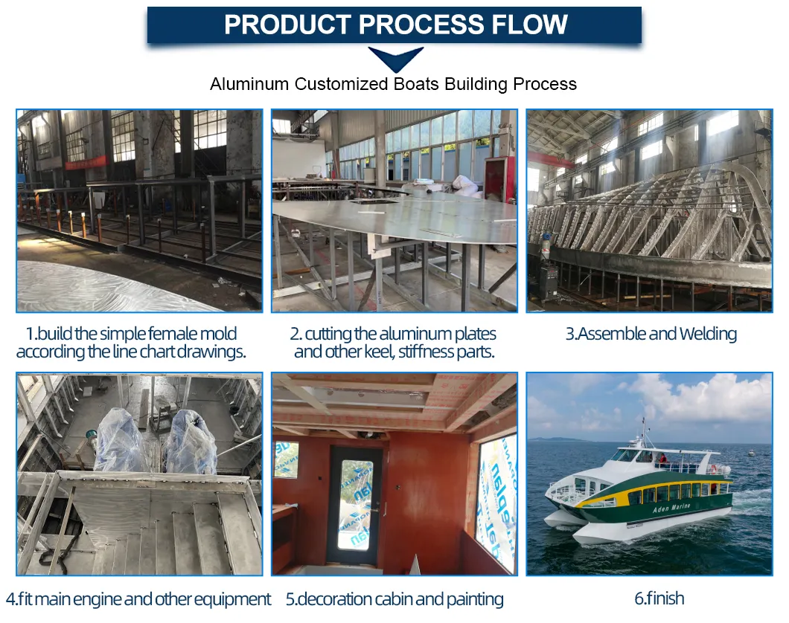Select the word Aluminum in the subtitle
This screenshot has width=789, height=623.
pos(249,84)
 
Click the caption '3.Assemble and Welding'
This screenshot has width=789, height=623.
pos(651,334)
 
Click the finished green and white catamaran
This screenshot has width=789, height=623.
pos(640,494)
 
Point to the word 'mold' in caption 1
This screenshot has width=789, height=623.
pos(215,334)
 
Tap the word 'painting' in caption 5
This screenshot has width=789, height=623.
pos(473,598)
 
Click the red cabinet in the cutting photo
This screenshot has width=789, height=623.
pos(498,178)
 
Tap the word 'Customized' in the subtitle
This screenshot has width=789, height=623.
pos(339,84)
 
